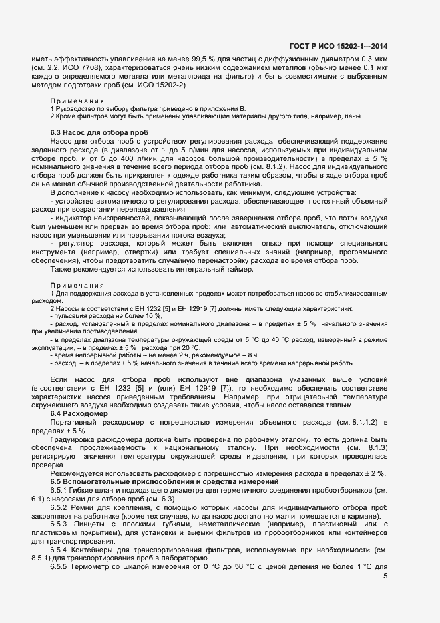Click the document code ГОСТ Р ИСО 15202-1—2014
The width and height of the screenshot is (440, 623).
point(339,46)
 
